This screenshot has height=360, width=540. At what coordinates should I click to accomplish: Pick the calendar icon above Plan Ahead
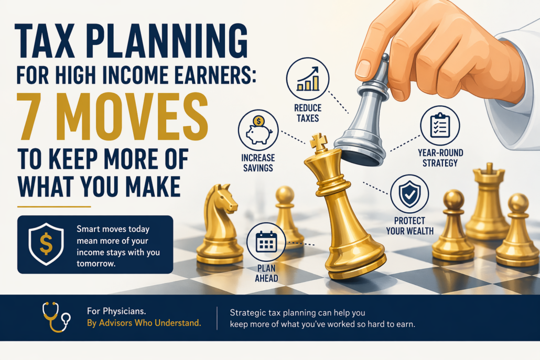[266, 242]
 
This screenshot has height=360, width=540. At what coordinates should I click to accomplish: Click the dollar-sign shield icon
[46, 244]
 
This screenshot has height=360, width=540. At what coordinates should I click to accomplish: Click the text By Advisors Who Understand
[144, 323]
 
